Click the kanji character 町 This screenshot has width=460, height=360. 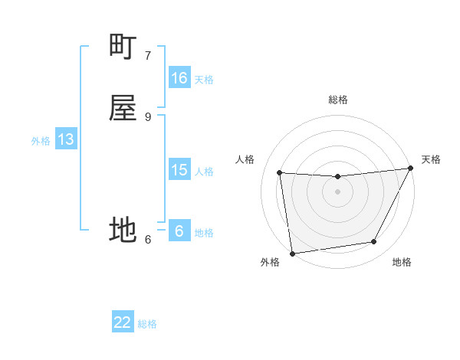point(123,47)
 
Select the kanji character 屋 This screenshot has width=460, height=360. point(123,108)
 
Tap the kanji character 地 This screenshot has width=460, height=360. point(123,230)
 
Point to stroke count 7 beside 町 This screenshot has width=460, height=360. point(147,55)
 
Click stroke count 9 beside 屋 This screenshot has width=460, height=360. point(147,116)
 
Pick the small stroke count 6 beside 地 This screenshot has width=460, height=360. point(147,239)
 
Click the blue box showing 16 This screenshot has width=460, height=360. point(179,78)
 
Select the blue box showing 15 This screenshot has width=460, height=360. point(179,170)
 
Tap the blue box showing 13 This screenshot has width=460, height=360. point(65,139)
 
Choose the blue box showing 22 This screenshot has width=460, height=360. point(123,322)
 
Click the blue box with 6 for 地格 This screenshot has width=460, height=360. point(179,231)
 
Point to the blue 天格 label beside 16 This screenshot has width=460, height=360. point(204,80)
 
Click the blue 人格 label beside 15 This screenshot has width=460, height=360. point(204,172)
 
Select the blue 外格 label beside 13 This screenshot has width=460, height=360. point(41,141)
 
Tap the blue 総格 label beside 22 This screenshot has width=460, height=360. point(147,324)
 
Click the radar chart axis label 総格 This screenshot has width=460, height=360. point(337,100)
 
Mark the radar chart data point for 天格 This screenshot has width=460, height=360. point(411,169)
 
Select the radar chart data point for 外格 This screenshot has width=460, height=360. point(292,253)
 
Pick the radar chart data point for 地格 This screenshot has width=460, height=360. point(374,242)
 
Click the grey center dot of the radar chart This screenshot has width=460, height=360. point(337,192)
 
